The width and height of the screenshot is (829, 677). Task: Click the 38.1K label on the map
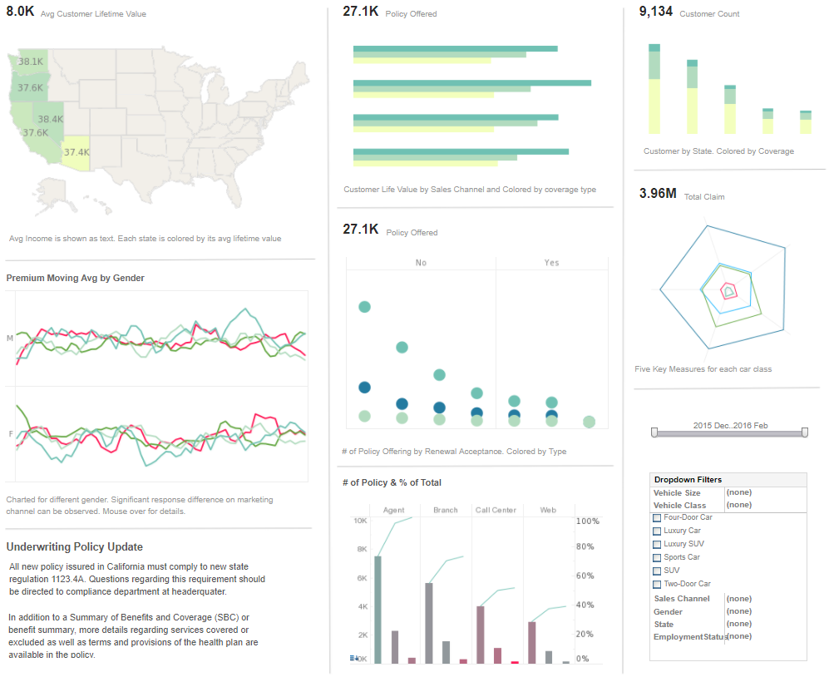tap(31, 62)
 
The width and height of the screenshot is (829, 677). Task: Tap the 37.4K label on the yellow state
tap(76, 152)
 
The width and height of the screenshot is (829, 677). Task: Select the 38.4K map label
tap(51, 119)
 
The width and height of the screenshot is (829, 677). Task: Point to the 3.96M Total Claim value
tap(658, 194)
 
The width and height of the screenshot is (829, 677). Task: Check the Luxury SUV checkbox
tap(657, 544)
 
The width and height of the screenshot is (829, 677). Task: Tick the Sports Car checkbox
tap(657, 557)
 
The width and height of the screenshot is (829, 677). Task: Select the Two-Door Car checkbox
tap(657, 584)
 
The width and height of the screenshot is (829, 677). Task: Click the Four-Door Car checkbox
tap(657, 517)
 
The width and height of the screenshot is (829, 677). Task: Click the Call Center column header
tap(496, 510)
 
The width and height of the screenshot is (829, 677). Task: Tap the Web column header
tap(548, 510)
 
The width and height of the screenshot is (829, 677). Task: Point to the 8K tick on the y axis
tap(362, 549)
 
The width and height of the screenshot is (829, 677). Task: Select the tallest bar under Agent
tap(378, 609)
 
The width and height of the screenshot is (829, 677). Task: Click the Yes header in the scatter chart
tap(551, 263)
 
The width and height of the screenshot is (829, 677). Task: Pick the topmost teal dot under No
tap(364, 307)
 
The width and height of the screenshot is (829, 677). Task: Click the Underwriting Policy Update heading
tap(75, 547)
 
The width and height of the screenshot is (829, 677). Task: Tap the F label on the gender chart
tap(11, 434)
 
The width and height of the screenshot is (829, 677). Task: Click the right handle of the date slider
tap(805, 432)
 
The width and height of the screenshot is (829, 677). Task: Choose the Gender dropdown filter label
tap(668, 611)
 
